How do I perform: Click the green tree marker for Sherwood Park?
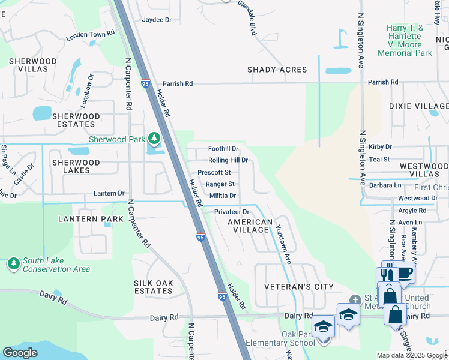tap(154, 139)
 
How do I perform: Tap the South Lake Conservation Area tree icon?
tap(13, 264)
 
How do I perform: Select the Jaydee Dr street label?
tap(157, 20)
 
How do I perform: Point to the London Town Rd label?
tap(90, 35)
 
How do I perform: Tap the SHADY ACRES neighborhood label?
tap(277, 70)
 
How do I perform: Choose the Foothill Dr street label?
tap(223, 149)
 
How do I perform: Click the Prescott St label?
tap(214, 172)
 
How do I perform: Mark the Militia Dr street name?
tap(223, 196)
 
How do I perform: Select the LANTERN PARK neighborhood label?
tap(86, 220)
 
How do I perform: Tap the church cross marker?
tap(355, 299)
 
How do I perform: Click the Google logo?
tap(20, 353)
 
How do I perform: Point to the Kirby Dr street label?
tap(381, 146)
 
